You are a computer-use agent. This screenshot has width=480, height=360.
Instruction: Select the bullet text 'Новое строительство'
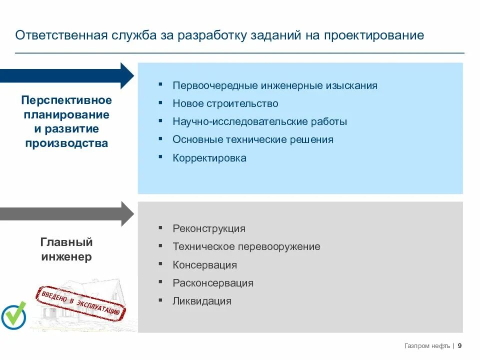point(225,103)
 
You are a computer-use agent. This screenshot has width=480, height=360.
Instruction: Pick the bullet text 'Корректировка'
point(209,158)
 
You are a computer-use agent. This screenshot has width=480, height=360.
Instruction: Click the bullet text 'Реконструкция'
point(209,228)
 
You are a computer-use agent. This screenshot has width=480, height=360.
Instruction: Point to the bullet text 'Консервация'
point(205,265)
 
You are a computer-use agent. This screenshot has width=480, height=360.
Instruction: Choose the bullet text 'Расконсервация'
point(213,283)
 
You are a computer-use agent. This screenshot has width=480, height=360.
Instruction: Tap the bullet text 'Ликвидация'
point(202,301)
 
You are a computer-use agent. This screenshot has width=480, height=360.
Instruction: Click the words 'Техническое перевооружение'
point(246,246)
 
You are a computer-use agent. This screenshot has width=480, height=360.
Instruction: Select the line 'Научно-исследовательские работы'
point(260,121)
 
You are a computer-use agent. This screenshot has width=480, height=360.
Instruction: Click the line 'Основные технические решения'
point(253,139)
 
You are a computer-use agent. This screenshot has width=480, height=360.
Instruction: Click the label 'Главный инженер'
point(66,249)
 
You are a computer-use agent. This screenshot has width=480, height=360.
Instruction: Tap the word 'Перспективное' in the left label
point(66,100)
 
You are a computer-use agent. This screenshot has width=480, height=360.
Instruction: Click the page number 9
point(459,346)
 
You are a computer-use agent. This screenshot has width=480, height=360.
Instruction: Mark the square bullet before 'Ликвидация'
point(160,300)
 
